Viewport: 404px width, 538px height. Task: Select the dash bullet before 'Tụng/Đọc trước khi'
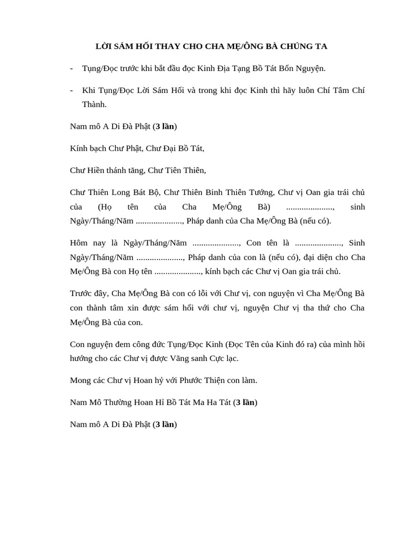[72, 68]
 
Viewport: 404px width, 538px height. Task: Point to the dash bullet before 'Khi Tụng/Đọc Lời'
[72, 90]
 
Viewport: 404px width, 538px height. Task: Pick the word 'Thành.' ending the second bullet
[95, 104]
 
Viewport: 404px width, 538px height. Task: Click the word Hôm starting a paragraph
[79, 243]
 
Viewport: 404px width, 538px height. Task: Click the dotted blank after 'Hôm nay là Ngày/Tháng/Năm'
[217, 243]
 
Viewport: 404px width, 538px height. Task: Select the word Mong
[80, 380]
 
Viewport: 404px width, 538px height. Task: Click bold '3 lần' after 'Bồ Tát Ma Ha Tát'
[245, 402]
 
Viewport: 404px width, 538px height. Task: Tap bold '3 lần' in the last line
[165, 425]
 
